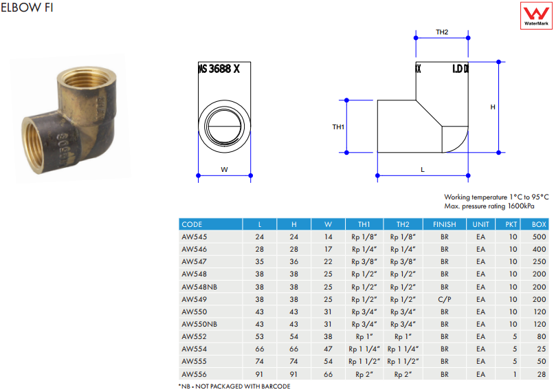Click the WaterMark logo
[536, 15]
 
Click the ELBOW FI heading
[27, 8]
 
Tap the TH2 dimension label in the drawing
[442, 32]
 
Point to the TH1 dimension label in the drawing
[338, 127]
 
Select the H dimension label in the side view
[493, 107]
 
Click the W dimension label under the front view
[224, 170]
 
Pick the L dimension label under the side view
[423, 170]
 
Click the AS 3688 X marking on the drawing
[219, 69]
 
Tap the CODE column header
[192, 224]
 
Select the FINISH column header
[445, 224]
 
